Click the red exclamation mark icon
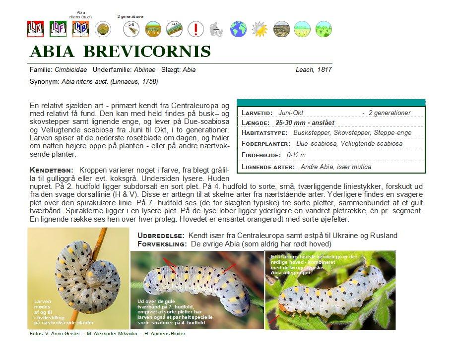click(196, 28)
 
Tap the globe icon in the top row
click(238, 28)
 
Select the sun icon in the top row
click(259, 28)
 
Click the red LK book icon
click(35, 28)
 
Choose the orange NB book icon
click(80, 28)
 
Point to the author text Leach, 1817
click(313, 70)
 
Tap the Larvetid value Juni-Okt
click(291, 113)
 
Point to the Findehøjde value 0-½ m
click(297, 155)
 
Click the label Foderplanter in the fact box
click(265, 144)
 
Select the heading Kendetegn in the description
click(52, 170)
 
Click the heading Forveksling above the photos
click(161, 244)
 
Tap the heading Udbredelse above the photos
click(161, 236)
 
